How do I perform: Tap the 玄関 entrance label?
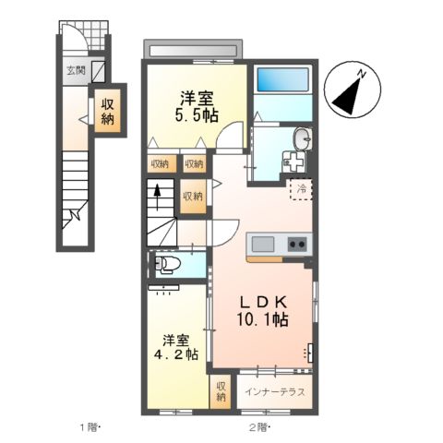click(x=76, y=70)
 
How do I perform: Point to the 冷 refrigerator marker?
click(x=301, y=189)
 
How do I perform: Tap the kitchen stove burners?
click(x=298, y=245)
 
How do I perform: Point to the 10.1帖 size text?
click(x=264, y=320)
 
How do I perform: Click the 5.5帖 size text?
click(x=197, y=114)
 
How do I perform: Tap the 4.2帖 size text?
click(x=177, y=354)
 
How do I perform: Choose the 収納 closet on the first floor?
click(x=106, y=111)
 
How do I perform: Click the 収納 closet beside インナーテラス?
click(x=221, y=391)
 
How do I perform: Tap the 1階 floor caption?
click(x=90, y=426)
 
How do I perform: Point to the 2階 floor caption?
click(x=257, y=426)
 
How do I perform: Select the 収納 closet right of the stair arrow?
click(x=192, y=197)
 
